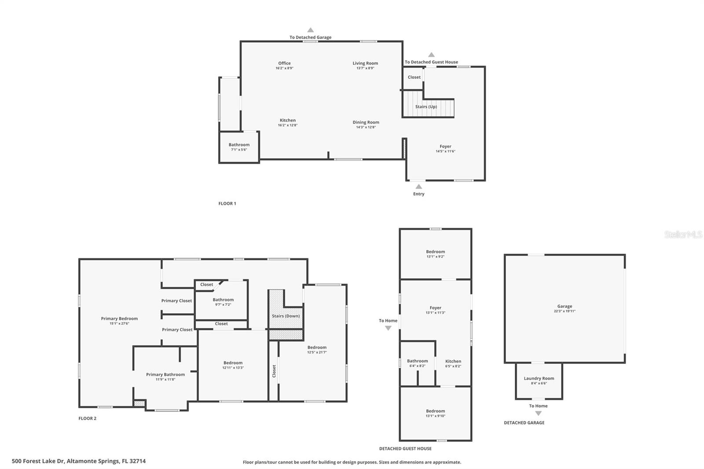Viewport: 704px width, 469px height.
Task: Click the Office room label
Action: click(x=284, y=63)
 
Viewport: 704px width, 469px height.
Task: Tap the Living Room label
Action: click(x=365, y=63)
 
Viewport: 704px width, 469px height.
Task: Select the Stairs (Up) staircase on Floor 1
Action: click(x=426, y=107)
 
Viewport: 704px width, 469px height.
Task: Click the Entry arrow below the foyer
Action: click(x=418, y=187)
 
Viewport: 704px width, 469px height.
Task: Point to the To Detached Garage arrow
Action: click(x=310, y=30)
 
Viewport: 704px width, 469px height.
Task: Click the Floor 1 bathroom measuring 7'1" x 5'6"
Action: click(x=239, y=147)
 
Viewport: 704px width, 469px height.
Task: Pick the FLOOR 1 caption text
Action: click(x=227, y=204)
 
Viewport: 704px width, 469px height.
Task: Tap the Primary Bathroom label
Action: click(x=165, y=374)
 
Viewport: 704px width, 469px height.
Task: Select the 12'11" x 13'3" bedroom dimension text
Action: click(x=233, y=368)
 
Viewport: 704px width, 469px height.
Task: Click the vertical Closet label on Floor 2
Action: click(x=274, y=371)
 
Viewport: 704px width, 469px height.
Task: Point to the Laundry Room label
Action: click(x=539, y=378)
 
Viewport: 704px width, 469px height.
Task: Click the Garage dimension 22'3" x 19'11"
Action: click(x=565, y=311)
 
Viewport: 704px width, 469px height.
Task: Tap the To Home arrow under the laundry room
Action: click(x=538, y=413)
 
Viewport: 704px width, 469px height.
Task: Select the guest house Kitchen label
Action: click(x=453, y=361)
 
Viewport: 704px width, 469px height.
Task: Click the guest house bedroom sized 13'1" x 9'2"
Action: click(x=435, y=254)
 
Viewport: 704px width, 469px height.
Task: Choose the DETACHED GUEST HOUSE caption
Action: click(x=405, y=449)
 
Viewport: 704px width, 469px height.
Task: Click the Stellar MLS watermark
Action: click(x=683, y=235)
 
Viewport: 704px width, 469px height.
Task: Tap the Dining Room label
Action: click(x=366, y=122)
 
